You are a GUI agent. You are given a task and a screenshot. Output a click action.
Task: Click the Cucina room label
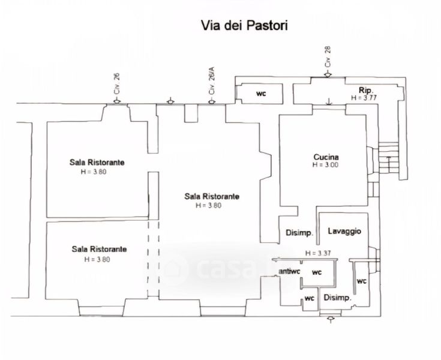pyautogui.click(x=326, y=158)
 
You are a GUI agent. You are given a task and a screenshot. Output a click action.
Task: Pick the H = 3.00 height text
pyautogui.click(x=326, y=166)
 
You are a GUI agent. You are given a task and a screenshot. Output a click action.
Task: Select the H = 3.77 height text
pyautogui.click(x=365, y=97)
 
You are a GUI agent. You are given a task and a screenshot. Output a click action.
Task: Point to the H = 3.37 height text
pyautogui.click(x=318, y=253)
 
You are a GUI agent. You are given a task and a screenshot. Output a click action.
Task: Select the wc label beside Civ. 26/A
pyautogui.click(x=261, y=94)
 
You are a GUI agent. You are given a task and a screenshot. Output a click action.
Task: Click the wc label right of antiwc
pyautogui.click(x=316, y=272)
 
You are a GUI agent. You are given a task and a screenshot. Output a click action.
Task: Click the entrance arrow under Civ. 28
pyautogui.click(x=328, y=74)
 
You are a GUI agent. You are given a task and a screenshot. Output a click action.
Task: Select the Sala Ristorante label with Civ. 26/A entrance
pyautogui.click(x=212, y=196)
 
